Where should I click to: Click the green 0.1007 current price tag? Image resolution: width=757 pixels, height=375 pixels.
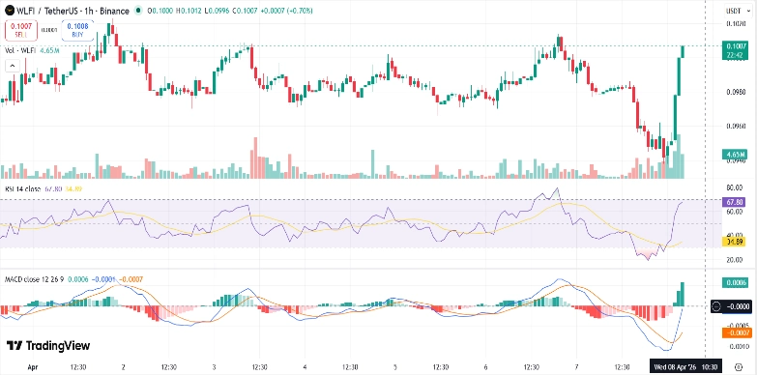[x=734, y=46]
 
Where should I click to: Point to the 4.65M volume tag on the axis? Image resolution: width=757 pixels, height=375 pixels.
[x=733, y=154]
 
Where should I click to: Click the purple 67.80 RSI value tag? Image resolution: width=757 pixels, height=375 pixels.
[x=734, y=202]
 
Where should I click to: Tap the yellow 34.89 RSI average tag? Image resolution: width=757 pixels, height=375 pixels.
[x=734, y=242]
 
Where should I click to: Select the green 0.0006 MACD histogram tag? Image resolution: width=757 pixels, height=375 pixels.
[x=734, y=282]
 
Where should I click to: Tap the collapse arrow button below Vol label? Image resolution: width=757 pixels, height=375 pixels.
[x=13, y=65]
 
